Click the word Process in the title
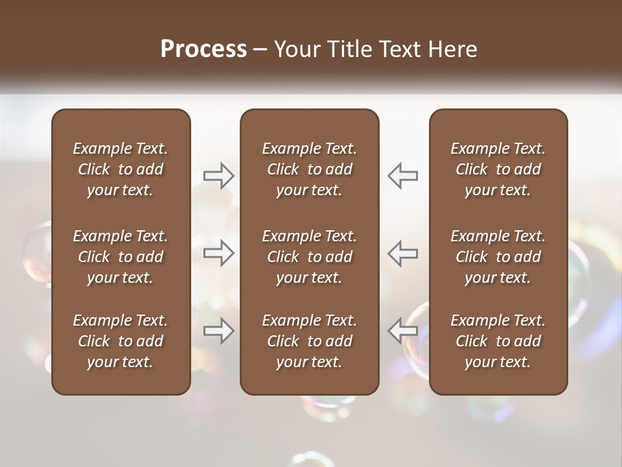click(203, 49)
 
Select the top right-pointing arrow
click(219, 176)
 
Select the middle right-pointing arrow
click(219, 253)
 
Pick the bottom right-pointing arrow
click(219, 331)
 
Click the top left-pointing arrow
click(402, 176)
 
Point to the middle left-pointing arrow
click(402, 253)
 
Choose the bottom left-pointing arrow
click(402, 331)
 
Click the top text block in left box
click(121, 169)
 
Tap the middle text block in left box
click(121, 257)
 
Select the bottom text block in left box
click(121, 341)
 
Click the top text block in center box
click(310, 169)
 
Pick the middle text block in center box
click(310, 257)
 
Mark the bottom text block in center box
click(310, 341)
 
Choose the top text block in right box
click(498, 169)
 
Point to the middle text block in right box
click(498, 257)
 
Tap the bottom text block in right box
click(498, 341)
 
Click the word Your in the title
click(295, 49)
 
